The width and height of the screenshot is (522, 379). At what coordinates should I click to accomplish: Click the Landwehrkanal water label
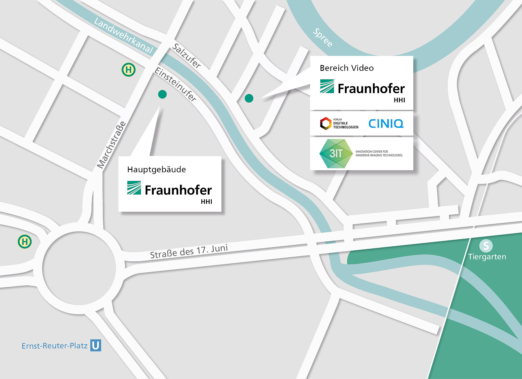point(123,36)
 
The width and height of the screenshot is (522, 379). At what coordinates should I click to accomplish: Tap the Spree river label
point(323,38)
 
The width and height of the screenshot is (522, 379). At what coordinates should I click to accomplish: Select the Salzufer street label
point(187,56)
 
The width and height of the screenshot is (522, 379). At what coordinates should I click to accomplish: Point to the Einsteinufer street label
point(175,84)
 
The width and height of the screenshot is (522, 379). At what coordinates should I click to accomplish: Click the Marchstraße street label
point(112,145)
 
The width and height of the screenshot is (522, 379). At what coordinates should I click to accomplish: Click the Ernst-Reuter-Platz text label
point(55,346)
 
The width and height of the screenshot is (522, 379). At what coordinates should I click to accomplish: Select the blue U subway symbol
point(96,345)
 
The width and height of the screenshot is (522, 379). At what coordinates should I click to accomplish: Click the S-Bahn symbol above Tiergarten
point(486,246)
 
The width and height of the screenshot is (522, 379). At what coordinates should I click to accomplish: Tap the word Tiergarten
point(487,257)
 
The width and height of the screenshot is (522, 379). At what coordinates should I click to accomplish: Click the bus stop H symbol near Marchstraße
point(129,70)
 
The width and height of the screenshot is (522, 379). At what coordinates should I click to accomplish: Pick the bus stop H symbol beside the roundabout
point(25,241)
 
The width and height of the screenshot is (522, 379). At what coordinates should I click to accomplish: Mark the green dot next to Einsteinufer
point(162,94)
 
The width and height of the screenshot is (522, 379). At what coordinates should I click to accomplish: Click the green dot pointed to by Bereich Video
point(249,98)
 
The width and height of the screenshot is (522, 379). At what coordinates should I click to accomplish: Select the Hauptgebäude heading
point(157,169)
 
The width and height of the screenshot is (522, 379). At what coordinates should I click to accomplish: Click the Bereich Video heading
point(347,68)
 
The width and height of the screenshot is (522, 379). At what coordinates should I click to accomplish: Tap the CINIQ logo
point(386,124)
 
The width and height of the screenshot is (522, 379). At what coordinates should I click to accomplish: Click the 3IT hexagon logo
point(336,154)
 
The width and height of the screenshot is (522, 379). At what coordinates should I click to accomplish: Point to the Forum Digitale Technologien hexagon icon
point(326,123)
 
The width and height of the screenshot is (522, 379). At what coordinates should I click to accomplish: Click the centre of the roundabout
point(79,268)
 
